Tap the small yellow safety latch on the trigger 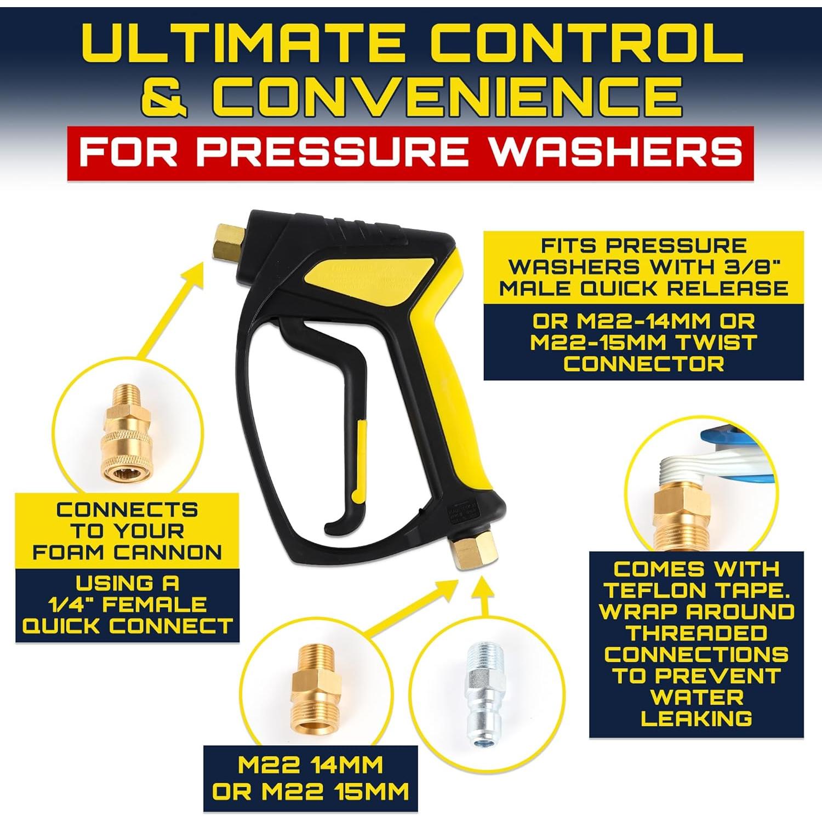coord(359,460)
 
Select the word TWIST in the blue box coord(716,342)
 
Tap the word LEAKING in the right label coord(696,718)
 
